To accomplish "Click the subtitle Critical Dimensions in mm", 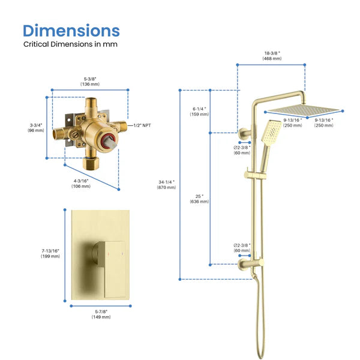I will coord(70,44).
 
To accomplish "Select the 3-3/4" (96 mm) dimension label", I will coord(36,127).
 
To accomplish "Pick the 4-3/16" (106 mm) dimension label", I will coord(81,182).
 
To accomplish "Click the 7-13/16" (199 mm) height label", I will coord(50,253).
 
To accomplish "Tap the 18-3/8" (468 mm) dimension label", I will coord(272,56).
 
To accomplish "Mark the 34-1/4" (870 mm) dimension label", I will coord(166,184).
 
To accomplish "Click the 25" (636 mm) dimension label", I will coord(199,199).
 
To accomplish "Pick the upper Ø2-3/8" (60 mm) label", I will coord(242,149).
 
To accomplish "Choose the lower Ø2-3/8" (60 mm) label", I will coord(242,248).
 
